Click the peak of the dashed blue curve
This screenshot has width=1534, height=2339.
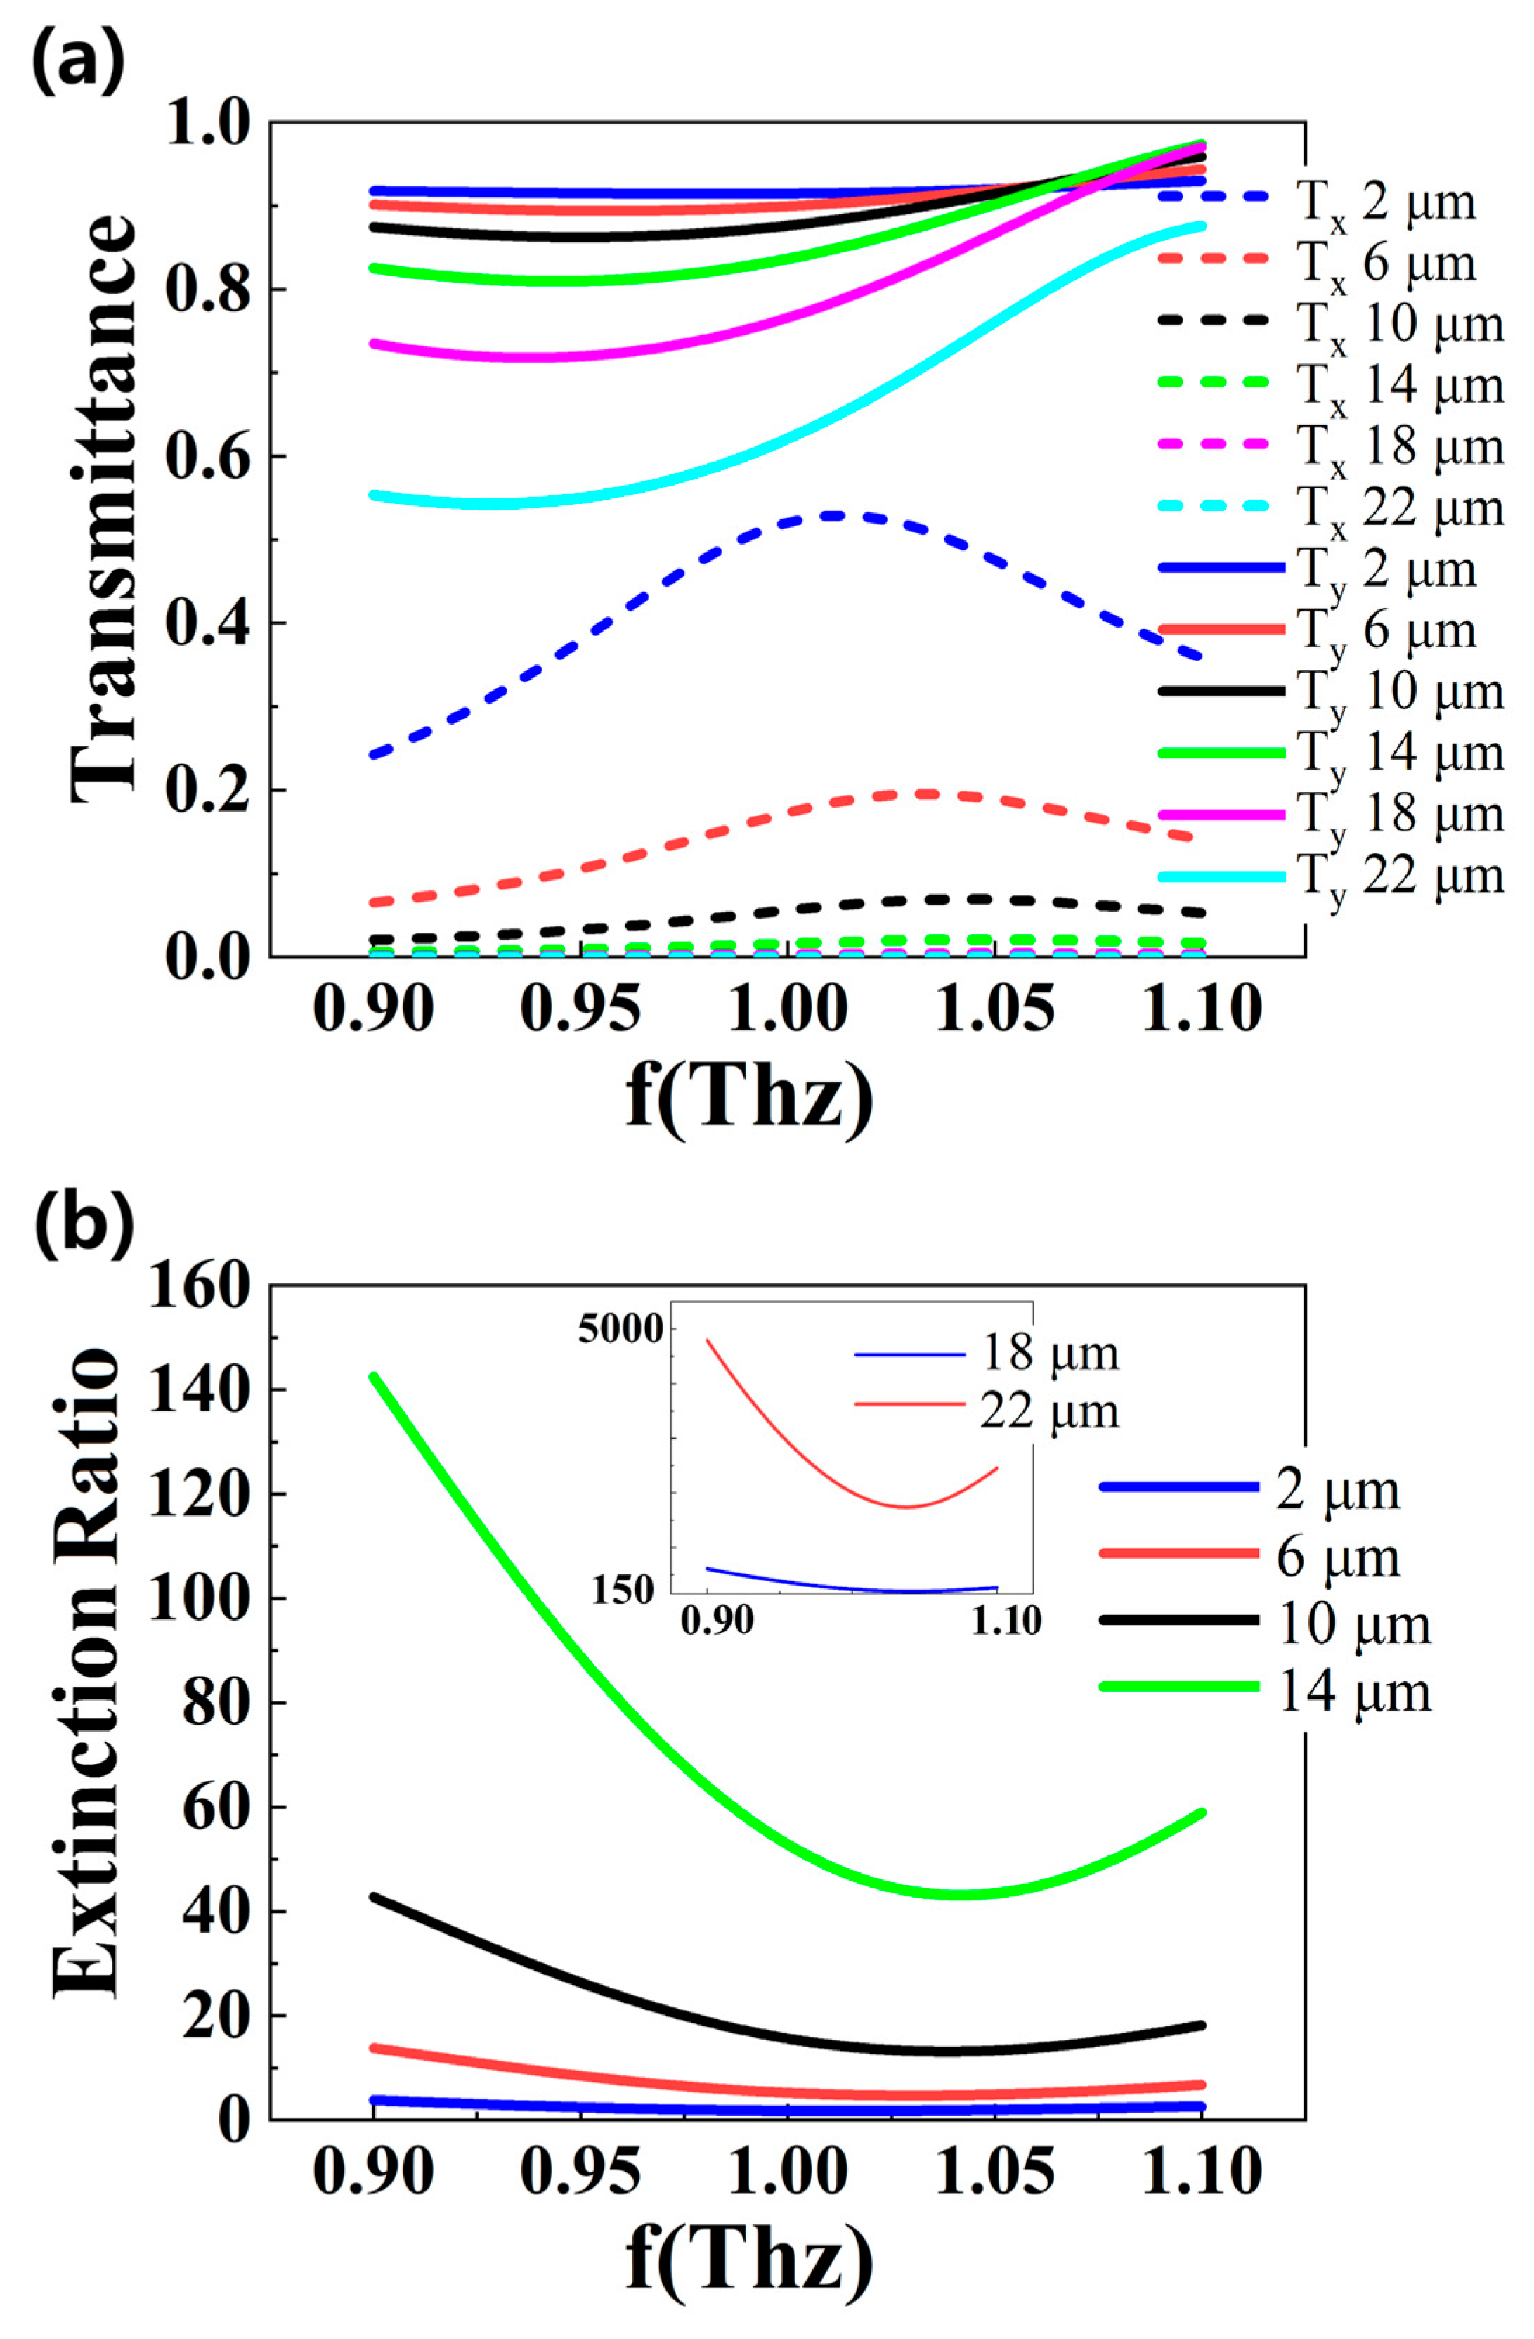coord(833,515)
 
